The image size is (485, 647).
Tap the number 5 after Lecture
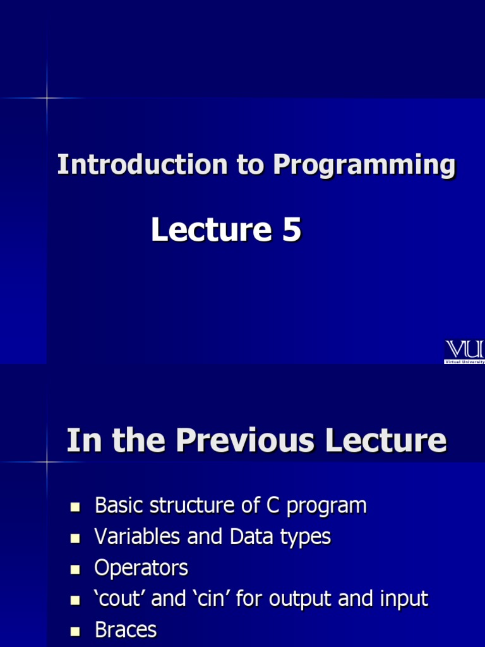click(291, 230)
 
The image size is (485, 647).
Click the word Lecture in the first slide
click(211, 230)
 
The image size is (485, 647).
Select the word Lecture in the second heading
click(386, 440)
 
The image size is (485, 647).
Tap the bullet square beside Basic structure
click(76, 507)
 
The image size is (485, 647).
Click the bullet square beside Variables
click(76, 538)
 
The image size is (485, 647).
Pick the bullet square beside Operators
click(76, 569)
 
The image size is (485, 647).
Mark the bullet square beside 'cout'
click(76, 600)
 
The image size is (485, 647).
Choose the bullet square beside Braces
click(76, 631)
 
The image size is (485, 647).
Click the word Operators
click(141, 568)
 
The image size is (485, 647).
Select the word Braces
click(125, 630)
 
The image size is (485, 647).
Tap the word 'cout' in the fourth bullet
click(121, 599)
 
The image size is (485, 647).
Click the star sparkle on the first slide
click(47, 98)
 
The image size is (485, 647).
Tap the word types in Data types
click(305, 538)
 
